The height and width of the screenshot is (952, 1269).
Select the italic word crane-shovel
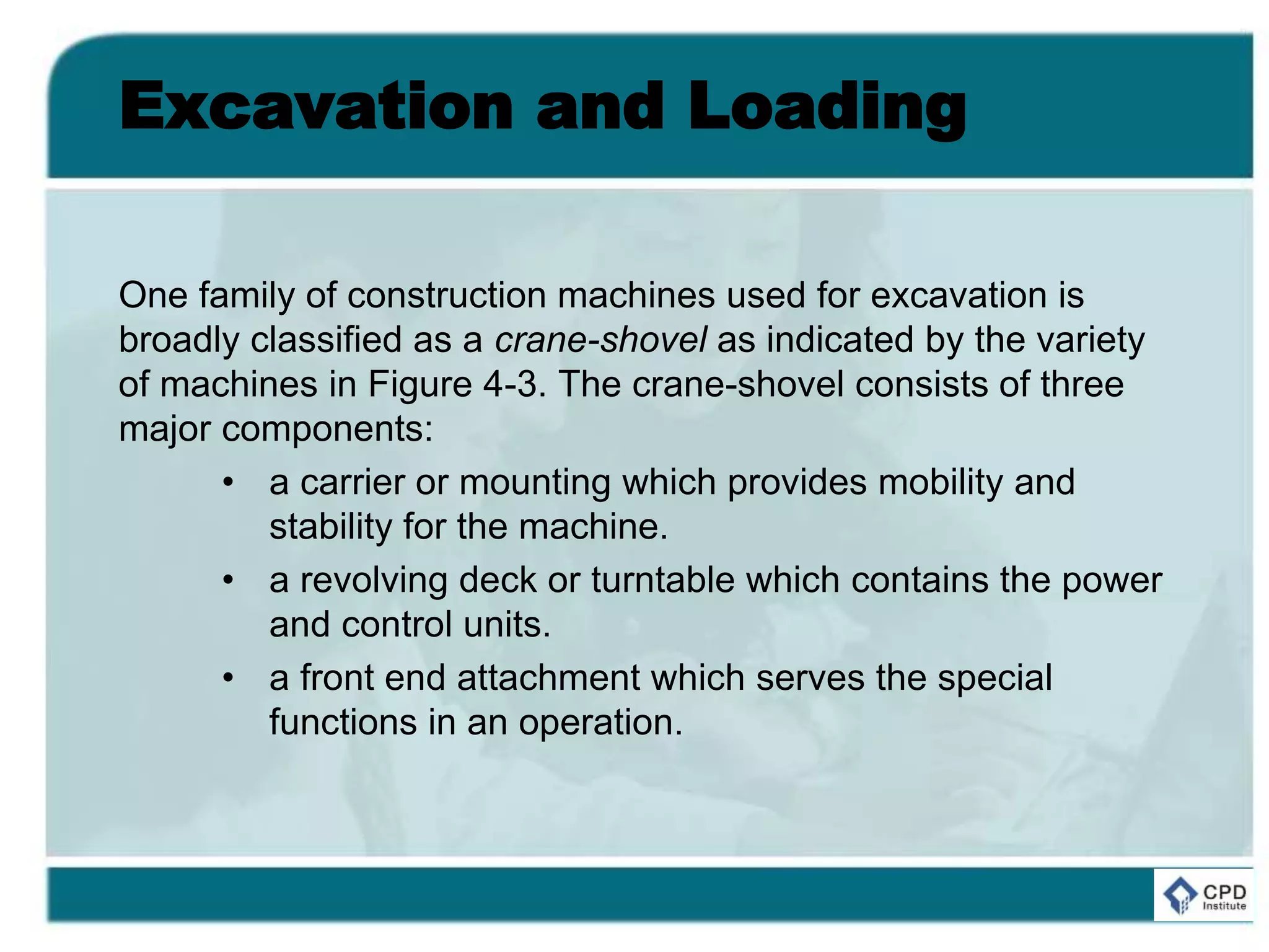click(x=600, y=340)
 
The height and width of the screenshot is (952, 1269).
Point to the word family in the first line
click(x=246, y=296)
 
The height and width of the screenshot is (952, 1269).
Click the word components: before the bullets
click(x=327, y=429)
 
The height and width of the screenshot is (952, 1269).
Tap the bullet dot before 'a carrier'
click(x=229, y=483)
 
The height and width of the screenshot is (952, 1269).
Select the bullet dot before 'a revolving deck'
click(x=229, y=581)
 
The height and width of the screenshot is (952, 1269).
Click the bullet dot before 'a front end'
click(x=229, y=678)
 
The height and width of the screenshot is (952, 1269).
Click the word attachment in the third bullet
click(x=548, y=678)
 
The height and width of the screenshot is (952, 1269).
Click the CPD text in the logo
click(x=1224, y=892)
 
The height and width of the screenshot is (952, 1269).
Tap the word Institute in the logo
click(x=1224, y=906)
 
